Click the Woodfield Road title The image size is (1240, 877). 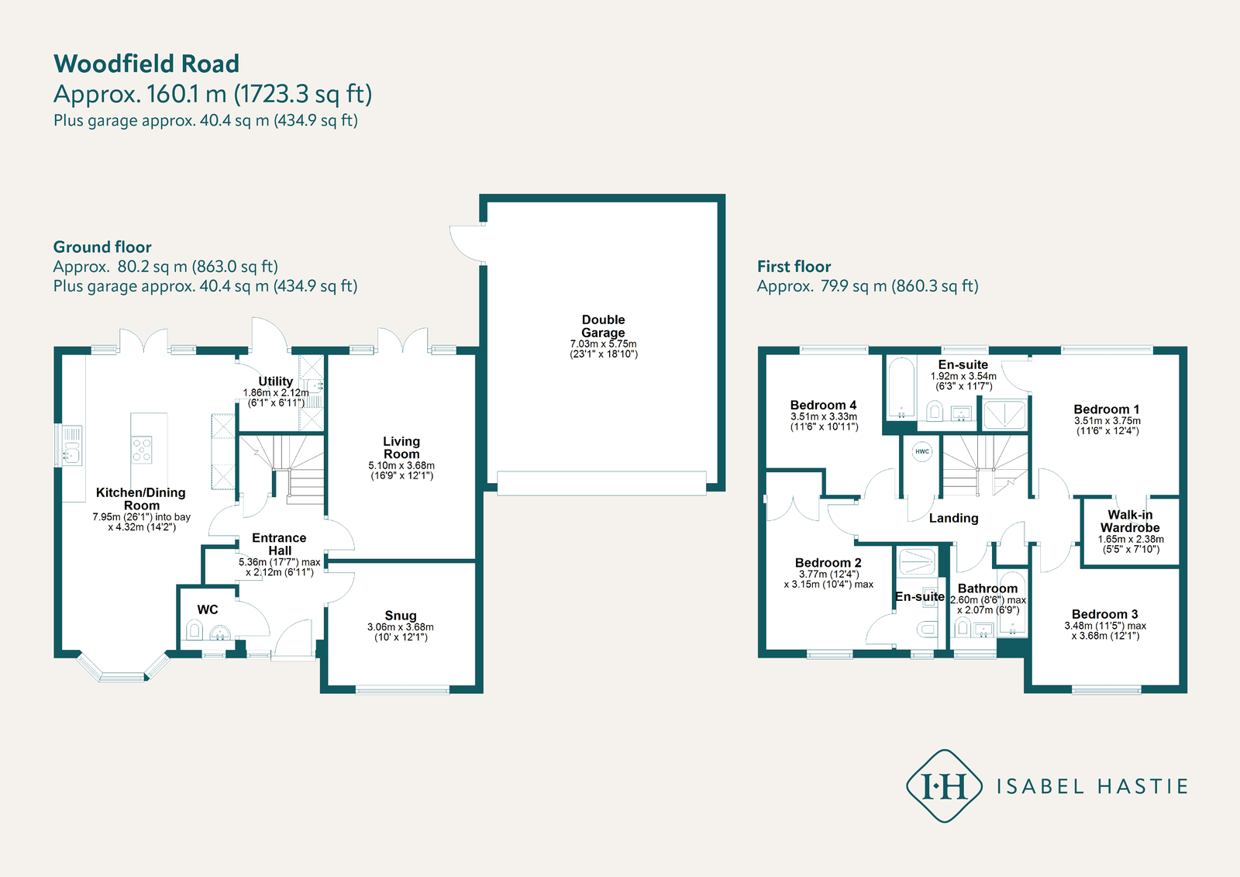146,64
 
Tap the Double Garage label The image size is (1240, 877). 603,326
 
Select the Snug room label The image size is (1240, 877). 401,615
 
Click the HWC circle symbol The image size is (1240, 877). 921,451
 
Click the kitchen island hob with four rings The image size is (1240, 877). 142,450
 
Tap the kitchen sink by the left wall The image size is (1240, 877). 71,447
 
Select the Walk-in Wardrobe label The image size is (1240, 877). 1130,521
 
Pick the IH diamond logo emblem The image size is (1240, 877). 944,786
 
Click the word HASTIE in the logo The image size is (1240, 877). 1142,786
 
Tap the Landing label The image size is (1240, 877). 953,518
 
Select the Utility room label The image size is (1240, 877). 275,381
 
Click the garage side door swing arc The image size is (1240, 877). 465,243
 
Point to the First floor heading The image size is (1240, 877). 794,266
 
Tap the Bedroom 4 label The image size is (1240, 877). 823,405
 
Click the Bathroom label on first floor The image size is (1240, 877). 987,589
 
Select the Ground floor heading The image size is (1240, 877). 102,247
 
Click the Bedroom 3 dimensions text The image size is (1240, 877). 1105,630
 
